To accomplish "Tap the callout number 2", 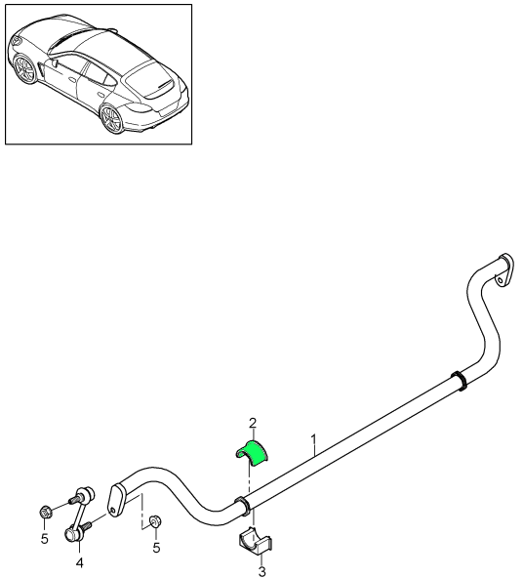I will tap(253, 423).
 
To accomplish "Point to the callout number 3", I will tap(261, 572).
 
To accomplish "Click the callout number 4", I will tap(79, 563).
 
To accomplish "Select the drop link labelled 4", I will tap(81, 515).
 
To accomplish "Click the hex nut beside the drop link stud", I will tap(46, 510).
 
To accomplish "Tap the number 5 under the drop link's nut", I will tap(43, 537).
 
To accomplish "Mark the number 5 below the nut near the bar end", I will tap(156, 548).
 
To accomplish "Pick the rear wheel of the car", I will tap(113, 120).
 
